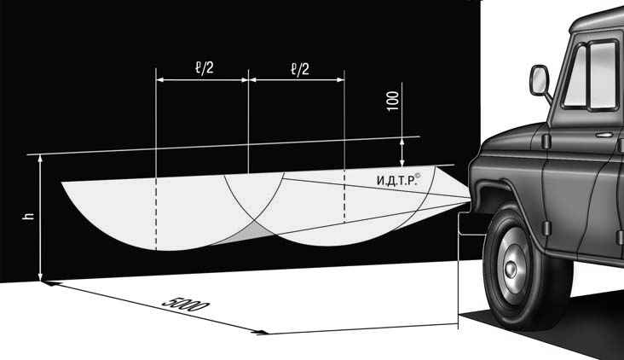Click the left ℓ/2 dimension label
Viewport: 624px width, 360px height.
pyautogui.click(x=205, y=68)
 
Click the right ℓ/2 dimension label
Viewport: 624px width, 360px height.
pyautogui.click(x=300, y=69)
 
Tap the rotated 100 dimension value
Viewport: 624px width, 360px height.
pyautogui.click(x=393, y=101)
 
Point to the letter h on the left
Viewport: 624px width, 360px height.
pyautogui.click(x=29, y=216)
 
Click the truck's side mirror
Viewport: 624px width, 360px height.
pyautogui.click(x=540, y=80)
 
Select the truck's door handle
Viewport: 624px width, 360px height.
pyautogui.click(x=604, y=135)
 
